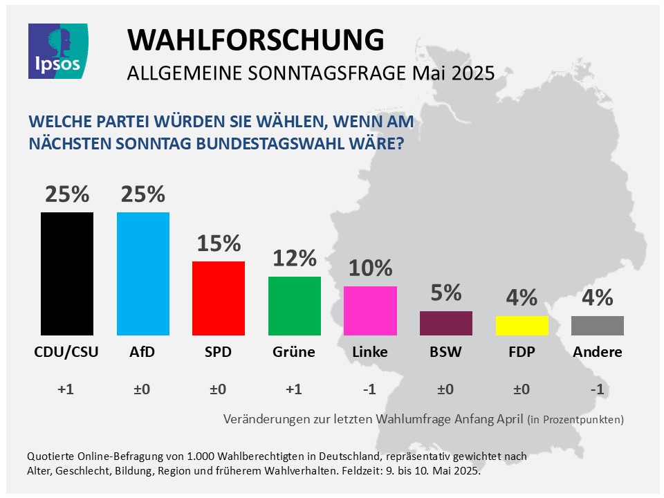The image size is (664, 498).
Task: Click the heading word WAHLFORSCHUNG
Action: click(255, 41)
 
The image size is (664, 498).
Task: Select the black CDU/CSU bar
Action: click(67, 273)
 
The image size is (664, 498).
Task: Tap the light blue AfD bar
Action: click(143, 273)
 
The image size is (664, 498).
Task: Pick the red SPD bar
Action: click(219, 298)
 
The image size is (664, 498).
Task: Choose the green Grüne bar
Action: click(295, 306)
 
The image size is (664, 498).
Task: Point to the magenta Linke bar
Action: click(370, 311)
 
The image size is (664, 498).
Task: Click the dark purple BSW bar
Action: click(446, 323)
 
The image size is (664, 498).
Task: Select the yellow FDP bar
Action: click(522, 326)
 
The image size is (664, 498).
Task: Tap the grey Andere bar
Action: click(598, 326)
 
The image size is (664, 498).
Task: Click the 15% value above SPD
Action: click(219, 243)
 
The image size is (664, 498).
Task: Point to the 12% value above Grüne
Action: click(295, 259)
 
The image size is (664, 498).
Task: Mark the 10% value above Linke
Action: click(370, 268)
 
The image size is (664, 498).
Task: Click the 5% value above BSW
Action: click(446, 293)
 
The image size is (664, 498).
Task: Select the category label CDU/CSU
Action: click(66, 352)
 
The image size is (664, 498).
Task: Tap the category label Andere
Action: click(598, 352)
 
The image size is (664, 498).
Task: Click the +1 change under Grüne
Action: click(295, 389)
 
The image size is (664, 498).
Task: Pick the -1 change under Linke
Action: click(370, 389)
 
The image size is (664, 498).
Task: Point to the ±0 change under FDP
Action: click(522, 389)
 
